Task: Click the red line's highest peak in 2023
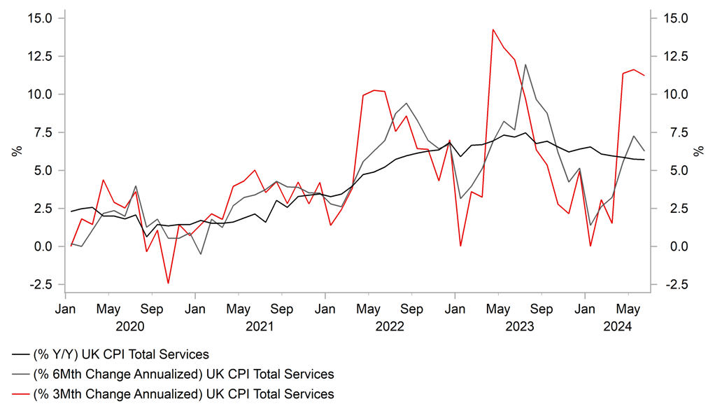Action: [493, 29]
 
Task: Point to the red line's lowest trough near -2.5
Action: [168, 283]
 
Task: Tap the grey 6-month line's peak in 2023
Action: [525, 64]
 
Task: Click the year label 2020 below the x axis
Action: [129, 326]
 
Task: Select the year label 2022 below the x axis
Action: [390, 326]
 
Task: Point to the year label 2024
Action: [618, 326]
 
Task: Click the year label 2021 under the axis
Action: [260, 326]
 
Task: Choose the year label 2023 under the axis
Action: [520, 326]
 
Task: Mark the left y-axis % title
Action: [15, 151]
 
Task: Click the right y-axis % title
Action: [699, 151]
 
